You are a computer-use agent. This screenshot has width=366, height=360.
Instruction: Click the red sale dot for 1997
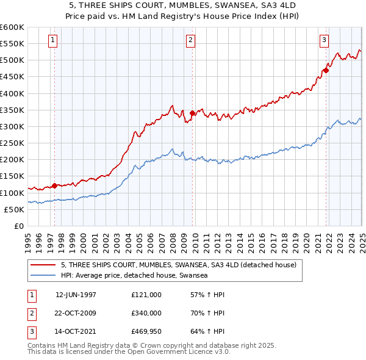pyautogui.click(x=54, y=185)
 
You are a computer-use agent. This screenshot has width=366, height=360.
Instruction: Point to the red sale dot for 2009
pyautogui.click(x=192, y=113)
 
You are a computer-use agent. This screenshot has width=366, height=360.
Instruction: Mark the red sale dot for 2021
pyautogui.click(x=326, y=70)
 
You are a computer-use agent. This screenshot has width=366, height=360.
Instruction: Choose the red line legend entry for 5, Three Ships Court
pyautogui.click(x=178, y=265)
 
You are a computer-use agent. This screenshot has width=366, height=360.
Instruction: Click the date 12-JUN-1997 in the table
pyautogui.click(x=76, y=295)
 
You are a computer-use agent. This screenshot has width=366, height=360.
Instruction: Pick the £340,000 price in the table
pyautogui.click(x=146, y=314)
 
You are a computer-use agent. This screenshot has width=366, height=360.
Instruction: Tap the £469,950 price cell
pyautogui.click(x=146, y=333)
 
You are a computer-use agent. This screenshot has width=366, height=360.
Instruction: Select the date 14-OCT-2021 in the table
pyautogui.click(x=76, y=333)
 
